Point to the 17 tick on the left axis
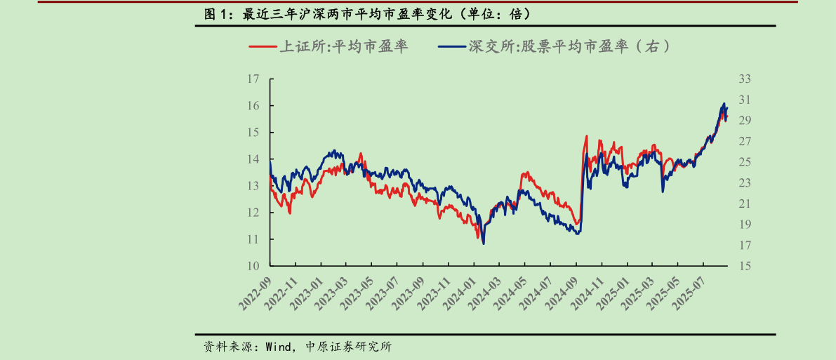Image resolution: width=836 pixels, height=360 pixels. [254, 79]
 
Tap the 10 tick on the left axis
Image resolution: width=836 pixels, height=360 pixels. [254, 266]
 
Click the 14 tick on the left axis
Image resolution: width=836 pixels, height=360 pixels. [254, 159]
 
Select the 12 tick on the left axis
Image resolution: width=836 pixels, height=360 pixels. [254, 213]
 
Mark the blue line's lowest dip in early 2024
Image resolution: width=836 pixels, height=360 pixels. [484, 244]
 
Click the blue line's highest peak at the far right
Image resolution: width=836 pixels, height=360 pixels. [724, 104]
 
